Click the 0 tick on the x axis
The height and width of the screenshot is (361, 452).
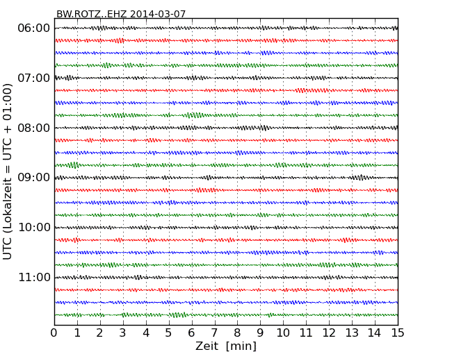pyautogui.click(x=54, y=333)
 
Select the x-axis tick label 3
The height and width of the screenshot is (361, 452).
pyautogui.click(x=123, y=333)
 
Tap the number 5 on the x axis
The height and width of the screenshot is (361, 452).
pyautogui.click(x=169, y=333)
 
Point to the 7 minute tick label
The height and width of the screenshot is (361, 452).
pyautogui.click(x=215, y=333)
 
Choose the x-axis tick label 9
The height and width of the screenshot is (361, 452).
pyautogui.click(x=261, y=333)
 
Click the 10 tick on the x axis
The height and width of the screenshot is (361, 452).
pyautogui.click(x=284, y=333)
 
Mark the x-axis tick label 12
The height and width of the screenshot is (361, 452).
pyautogui.click(x=330, y=333)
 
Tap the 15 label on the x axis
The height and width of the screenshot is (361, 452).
pyautogui.click(x=398, y=333)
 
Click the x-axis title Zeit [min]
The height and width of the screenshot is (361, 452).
pyautogui.click(x=226, y=346)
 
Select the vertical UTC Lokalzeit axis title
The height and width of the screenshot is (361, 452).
pyautogui.click(x=8, y=171)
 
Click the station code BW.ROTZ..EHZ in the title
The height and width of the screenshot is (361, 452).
pyautogui.click(x=91, y=14)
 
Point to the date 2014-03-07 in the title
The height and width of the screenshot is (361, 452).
pyautogui.click(x=156, y=14)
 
